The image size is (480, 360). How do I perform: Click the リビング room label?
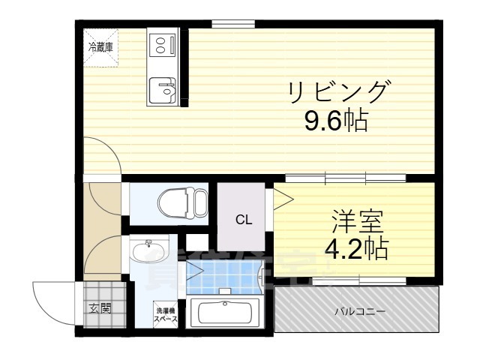click(x=339, y=93)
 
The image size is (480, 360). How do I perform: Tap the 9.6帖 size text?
click(x=335, y=121)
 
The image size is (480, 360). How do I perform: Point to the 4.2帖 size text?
click(x=355, y=248)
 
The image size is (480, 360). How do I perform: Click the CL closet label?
click(x=244, y=220)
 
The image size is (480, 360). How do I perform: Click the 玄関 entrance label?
click(x=101, y=307)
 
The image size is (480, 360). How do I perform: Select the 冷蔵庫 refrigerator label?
click(x=100, y=46)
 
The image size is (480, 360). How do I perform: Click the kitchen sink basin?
click(x=163, y=92)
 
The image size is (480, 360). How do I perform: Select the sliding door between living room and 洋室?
click(x=346, y=178)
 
